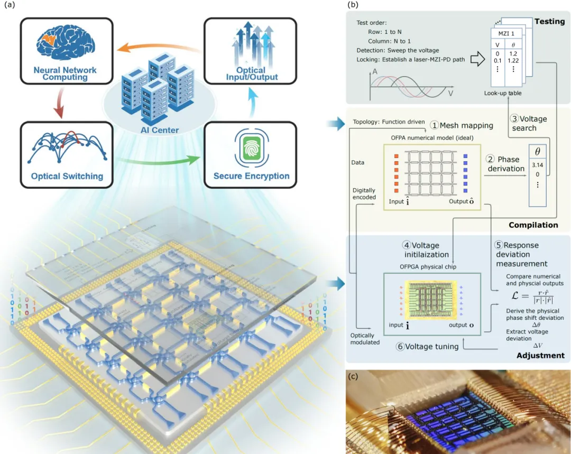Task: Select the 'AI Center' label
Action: pyautogui.click(x=160, y=130)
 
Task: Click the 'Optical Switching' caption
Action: pyautogui.click(x=66, y=176)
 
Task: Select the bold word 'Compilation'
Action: pyautogui.click(x=533, y=225)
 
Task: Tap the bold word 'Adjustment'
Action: pyautogui.click(x=540, y=356)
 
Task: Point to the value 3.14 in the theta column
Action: pyautogui.click(x=537, y=164)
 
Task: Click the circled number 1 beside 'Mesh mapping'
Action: pyautogui.click(x=434, y=126)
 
